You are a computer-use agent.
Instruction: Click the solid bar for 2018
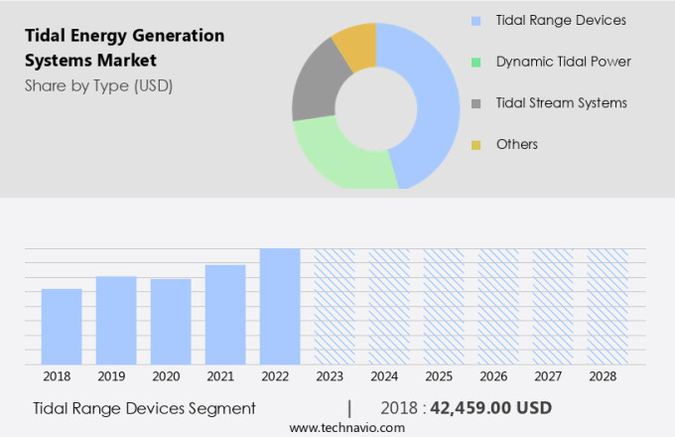click(62, 327)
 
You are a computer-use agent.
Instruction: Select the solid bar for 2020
click(171, 322)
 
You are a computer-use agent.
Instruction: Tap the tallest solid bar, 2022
click(280, 306)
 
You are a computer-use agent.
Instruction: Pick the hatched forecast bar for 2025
click(444, 306)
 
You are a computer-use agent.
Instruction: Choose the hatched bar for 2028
click(607, 306)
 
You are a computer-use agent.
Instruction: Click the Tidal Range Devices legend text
click(560, 20)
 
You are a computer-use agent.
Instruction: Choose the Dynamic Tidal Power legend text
click(563, 62)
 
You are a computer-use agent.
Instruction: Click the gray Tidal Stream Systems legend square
click(476, 103)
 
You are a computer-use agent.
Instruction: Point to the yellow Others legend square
click(476, 145)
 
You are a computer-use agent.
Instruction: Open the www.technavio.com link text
click(346, 427)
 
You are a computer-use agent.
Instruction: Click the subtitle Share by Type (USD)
click(98, 85)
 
